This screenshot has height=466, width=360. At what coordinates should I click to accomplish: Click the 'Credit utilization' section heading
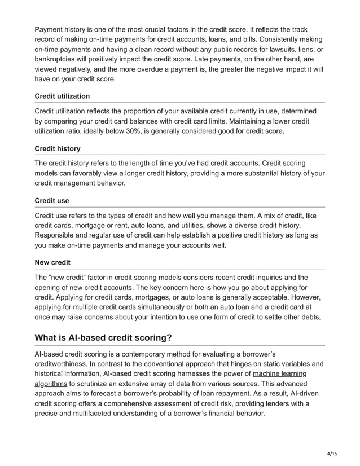(x=62, y=96)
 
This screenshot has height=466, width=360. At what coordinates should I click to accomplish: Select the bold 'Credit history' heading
(x=58, y=148)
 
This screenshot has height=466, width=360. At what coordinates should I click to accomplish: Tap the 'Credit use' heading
(x=52, y=200)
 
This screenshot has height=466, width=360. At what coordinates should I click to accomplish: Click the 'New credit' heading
(x=53, y=262)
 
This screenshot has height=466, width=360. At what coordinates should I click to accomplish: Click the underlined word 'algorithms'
(x=51, y=384)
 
